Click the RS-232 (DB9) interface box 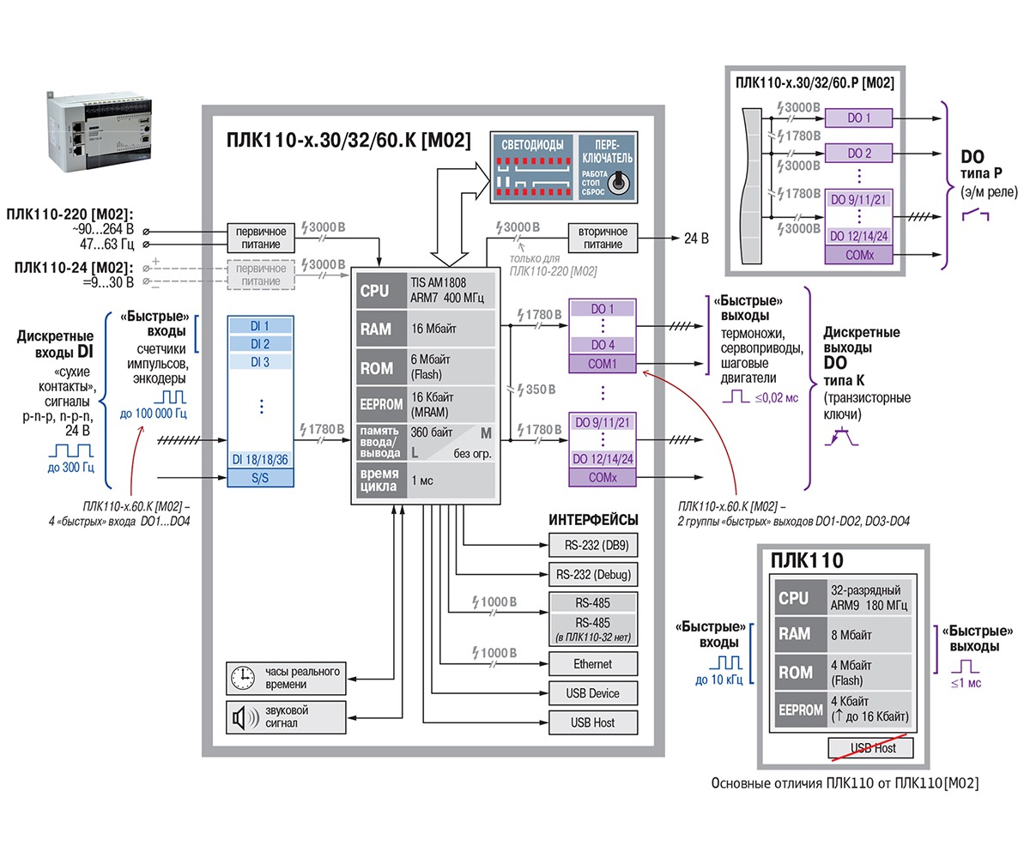(592, 546)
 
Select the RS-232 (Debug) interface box (592, 575)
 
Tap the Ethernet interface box (592, 664)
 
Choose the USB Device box (592, 693)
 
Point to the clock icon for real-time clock (242, 678)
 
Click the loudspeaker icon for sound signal (242, 716)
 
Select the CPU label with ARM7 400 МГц (375, 291)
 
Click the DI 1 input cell (260, 326)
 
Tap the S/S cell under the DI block (260, 478)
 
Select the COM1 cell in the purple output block (602, 364)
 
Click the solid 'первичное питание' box (259, 238)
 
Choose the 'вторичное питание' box (603, 238)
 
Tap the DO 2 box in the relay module (859, 153)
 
